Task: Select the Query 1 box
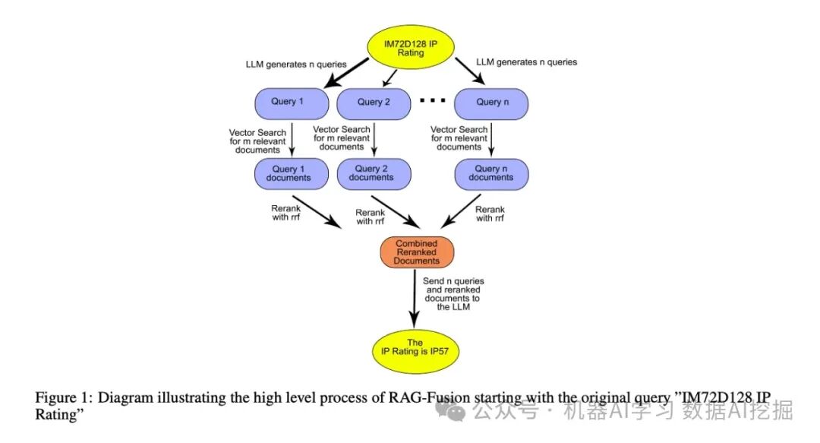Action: (x=288, y=102)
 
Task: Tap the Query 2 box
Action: (x=374, y=102)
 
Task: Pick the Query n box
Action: (x=491, y=102)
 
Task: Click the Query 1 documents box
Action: (x=288, y=173)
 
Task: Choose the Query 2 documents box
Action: (x=372, y=173)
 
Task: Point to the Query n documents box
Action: (x=491, y=173)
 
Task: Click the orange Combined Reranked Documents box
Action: (x=416, y=251)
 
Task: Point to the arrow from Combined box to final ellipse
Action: (x=415, y=296)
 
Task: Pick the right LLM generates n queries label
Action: (x=526, y=62)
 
